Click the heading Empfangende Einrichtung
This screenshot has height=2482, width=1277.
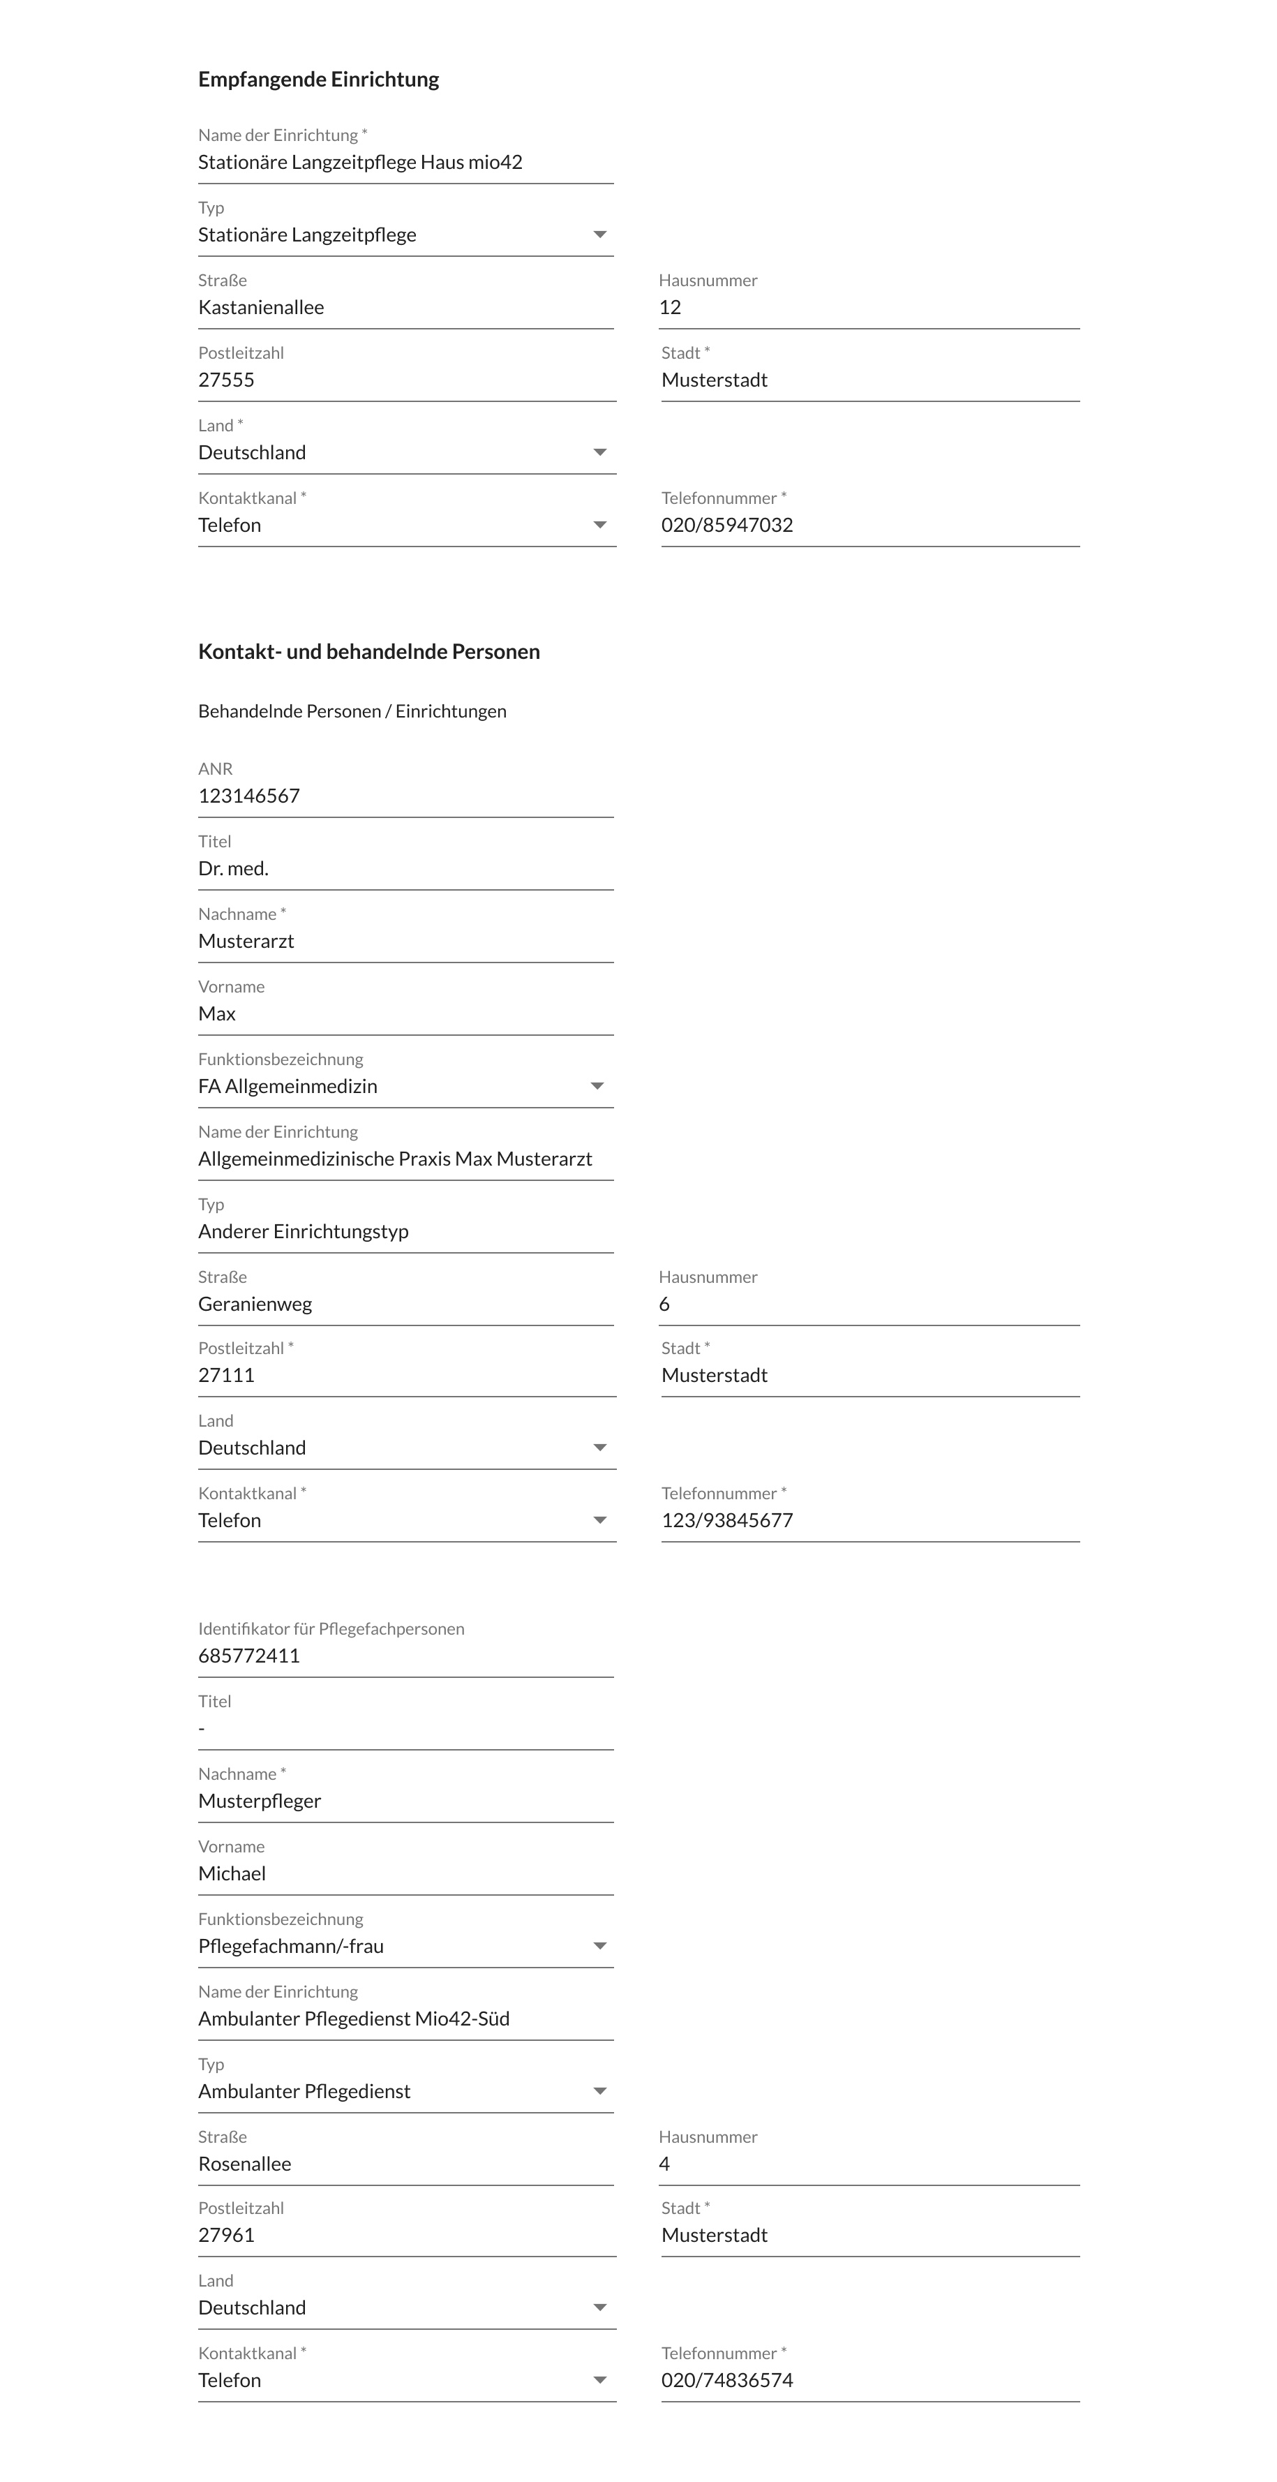click(318, 79)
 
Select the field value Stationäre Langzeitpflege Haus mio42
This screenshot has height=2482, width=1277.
click(360, 162)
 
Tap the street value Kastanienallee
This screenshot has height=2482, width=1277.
click(261, 307)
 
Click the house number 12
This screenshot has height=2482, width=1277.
click(671, 307)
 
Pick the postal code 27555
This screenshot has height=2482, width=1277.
click(226, 380)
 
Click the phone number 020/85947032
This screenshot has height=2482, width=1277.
click(727, 525)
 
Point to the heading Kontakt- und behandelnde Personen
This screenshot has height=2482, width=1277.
click(369, 651)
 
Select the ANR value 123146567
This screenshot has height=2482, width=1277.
click(248, 796)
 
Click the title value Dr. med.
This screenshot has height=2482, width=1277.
click(233, 868)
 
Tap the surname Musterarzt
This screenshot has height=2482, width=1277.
click(246, 942)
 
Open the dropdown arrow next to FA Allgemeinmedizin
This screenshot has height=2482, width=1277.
click(597, 1086)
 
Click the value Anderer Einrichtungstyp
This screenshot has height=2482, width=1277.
click(304, 1231)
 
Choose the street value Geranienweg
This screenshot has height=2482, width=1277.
click(255, 1304)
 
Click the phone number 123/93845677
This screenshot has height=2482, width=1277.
click(727, 1520)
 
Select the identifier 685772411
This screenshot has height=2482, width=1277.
click(248, 1656)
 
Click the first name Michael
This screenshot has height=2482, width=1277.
click(232, 1873)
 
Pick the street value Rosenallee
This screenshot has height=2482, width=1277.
click(245, 2163)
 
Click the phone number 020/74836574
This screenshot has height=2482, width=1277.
click(727, 2380)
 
